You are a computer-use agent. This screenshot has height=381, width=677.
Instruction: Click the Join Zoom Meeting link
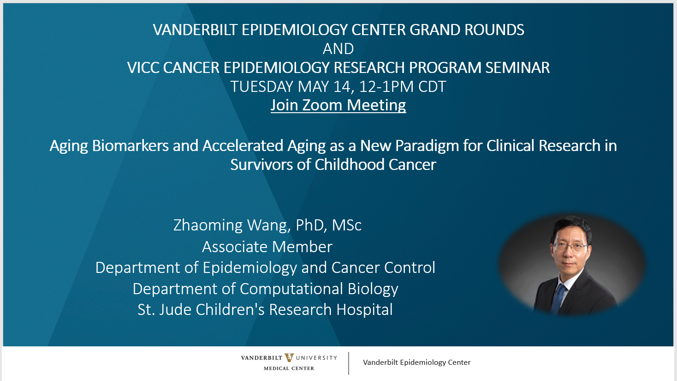click(338, 105)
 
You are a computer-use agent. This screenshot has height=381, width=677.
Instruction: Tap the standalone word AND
click(338, 49)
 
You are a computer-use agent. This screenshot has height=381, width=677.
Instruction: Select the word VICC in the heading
click(143, 67)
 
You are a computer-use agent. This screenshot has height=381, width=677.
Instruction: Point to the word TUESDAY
click(261, 86)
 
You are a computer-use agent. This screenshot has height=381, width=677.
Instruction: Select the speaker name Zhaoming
click(208, 225)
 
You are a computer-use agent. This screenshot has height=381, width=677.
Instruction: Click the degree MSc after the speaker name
click(347, 225)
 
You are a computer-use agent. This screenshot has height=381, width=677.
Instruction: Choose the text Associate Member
click(267, 247)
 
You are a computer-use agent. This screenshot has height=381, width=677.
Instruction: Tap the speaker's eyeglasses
click(570, 247)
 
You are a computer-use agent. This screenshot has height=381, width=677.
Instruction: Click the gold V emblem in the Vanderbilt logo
click(289, 358)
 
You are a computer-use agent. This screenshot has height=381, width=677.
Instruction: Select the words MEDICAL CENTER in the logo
click(289, 368)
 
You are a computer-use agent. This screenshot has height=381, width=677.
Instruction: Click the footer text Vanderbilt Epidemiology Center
click(416, 363)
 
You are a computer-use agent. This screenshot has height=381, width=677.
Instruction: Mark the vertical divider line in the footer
click(349, 363)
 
